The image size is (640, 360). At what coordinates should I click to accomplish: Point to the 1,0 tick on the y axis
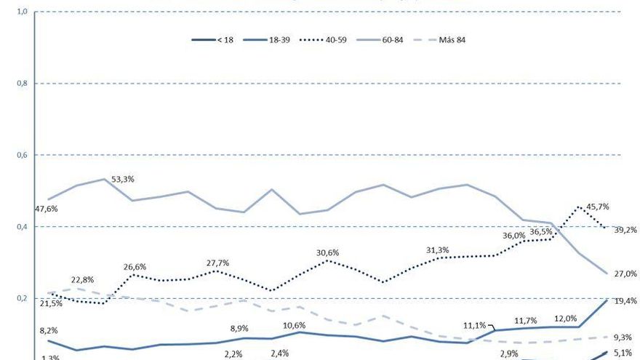(22, 12)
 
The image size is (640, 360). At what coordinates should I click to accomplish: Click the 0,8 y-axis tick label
(22, 84)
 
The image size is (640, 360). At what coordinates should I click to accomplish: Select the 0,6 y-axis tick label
(22, 155)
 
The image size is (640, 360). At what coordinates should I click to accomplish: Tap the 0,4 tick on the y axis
(22, 227)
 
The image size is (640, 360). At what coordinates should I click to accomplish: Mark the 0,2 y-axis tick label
(22, 298)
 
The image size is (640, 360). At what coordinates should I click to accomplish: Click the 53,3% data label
(123, 179)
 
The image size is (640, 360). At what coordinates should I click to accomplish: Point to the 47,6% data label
(46, 209)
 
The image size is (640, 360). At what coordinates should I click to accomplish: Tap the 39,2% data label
(625, 230)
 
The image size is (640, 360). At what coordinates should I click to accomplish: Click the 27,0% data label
(625, 274)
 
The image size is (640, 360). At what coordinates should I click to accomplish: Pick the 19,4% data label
(625, 300)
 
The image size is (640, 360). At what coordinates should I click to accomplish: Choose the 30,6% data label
(327, 252)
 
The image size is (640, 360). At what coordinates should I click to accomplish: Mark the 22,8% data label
(83, 280)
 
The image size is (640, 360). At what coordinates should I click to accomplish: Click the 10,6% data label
(294, 325)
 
